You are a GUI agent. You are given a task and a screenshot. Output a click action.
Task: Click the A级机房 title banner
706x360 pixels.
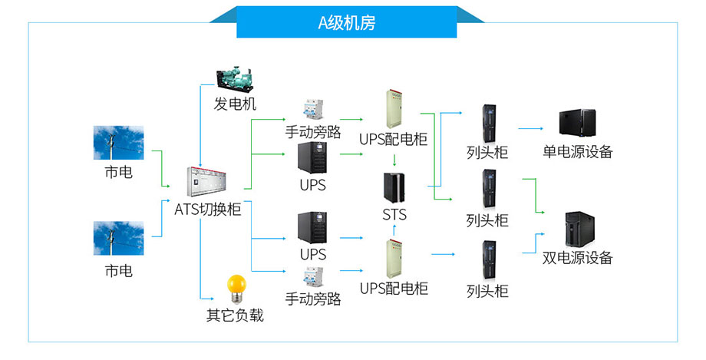click(346, 22)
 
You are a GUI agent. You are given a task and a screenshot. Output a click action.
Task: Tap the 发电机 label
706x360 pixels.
click(235, 104)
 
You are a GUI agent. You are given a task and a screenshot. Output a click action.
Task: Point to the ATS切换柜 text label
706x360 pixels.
click(208, 209)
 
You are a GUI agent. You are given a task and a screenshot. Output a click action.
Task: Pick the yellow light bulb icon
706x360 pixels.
click(234, 288)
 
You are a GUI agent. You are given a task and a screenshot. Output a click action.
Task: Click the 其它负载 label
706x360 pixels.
click(235, 315)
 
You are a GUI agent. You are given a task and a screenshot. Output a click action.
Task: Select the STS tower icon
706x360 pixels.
click(394, 187)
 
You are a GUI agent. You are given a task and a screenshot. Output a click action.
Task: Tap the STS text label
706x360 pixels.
click(394, 214)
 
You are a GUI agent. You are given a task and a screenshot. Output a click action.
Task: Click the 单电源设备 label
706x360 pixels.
click(578, 151)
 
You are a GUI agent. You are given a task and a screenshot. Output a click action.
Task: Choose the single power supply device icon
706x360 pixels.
click(577, 123)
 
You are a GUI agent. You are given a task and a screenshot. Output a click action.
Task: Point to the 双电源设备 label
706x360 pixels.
click(578, 258)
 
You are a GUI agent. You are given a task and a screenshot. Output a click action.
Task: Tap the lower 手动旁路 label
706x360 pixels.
click(313, 299)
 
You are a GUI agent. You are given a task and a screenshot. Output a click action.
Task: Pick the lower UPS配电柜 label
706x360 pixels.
click(394, 289)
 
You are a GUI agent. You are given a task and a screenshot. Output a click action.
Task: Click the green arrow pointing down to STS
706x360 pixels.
click(394, 160)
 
